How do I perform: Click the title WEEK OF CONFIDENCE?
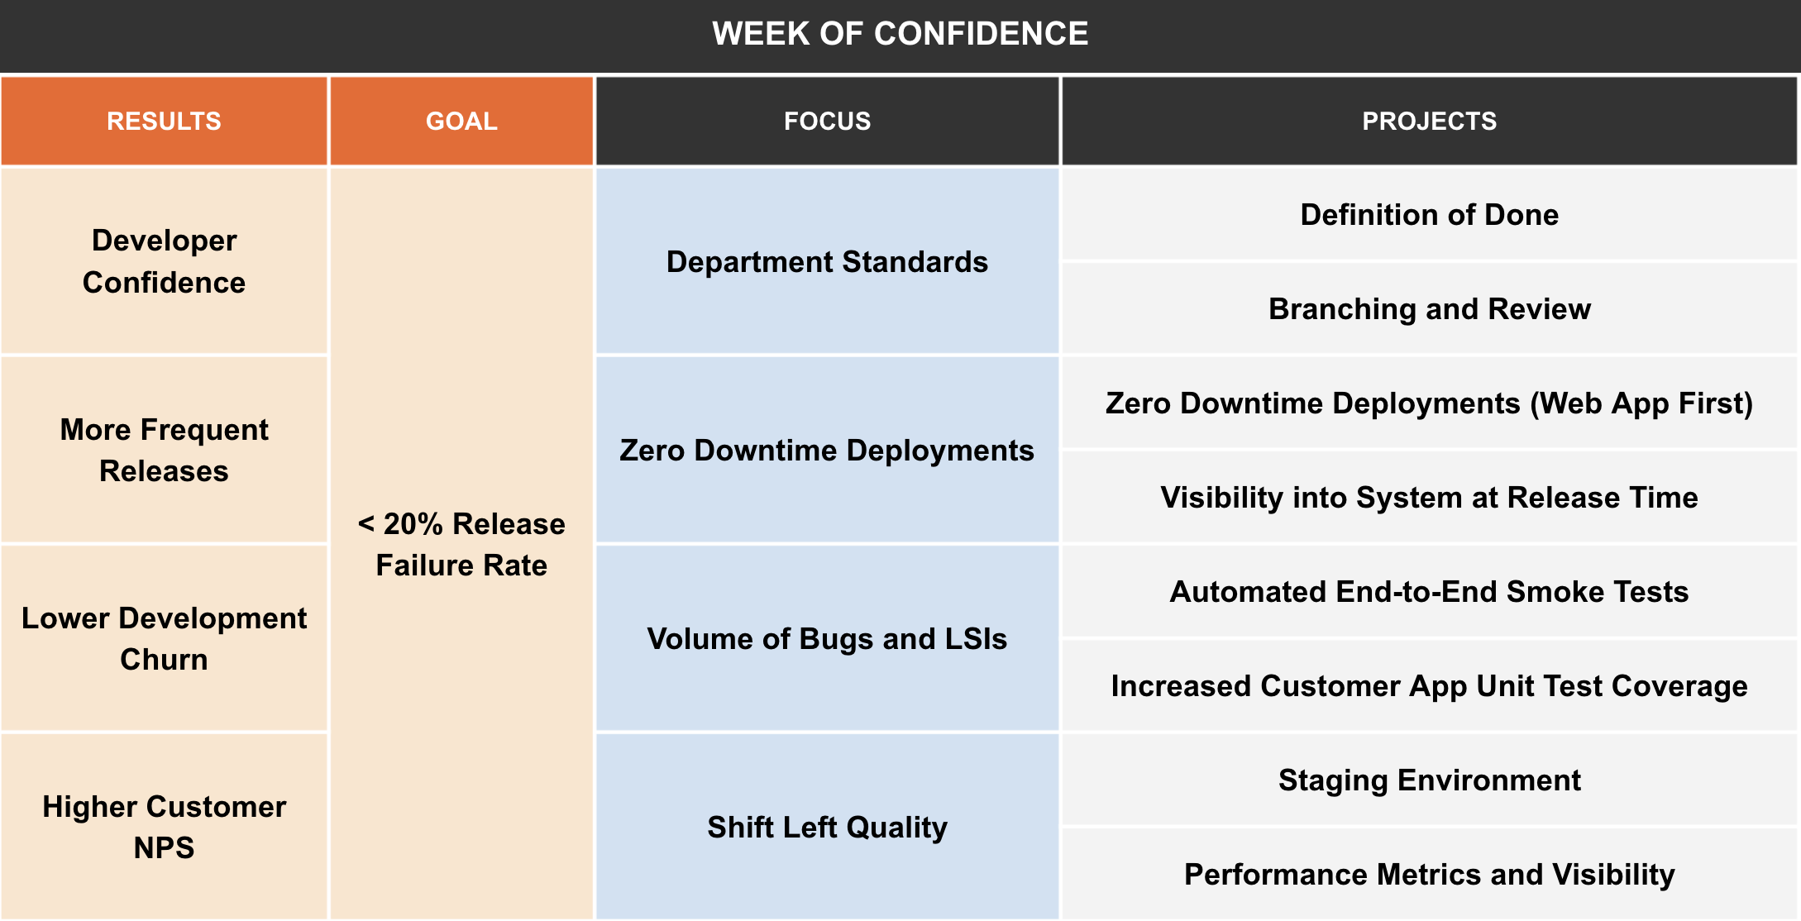(x=900, y=34)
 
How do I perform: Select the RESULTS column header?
(x=164, y=122)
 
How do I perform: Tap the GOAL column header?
(x=461, y=122)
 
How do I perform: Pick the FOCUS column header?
(x=827, y=122)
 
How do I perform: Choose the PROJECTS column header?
(x=1429, y=122)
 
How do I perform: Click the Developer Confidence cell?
(x=164, y=261)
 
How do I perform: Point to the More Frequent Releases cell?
(x=164, y=450)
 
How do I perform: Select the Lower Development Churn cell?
(x=164, y=638)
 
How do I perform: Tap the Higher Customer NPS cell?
(x=164, y=827)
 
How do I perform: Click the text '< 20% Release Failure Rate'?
(x=461, y=544)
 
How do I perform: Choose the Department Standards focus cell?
(x=827, y=262)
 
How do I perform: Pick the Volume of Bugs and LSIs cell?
(x=827, y=639)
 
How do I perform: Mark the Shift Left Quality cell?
(x=827, y=828)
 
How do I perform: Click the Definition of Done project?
(x=1429, y=215)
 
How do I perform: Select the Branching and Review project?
(x=1429, y=309)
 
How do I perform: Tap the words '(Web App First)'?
(x=1641, y=403)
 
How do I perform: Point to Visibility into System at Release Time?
(x=1429, y=498)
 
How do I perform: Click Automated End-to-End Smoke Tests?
(x=1429, y=592)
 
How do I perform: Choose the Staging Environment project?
(x=1429, y=780)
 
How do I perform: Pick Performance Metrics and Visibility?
(x=1429, y=875)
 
